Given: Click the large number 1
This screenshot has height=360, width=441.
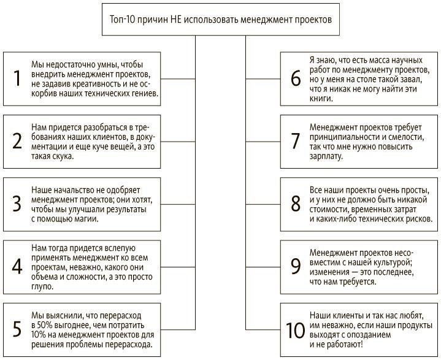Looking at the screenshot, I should coord(18,79).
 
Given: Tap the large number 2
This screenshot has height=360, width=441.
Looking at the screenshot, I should coord(18,142).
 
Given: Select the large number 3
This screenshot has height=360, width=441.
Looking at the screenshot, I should coord(18,204).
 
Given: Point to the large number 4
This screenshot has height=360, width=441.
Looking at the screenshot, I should coord(18,267).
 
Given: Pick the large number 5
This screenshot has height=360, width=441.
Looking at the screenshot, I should coord(18,330).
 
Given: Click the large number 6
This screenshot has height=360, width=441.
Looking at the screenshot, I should coord(296,79).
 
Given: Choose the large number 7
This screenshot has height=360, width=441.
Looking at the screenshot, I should coord(296,142).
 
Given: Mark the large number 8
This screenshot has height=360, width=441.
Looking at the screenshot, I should coord(296,204).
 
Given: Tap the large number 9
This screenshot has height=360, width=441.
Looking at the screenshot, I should coord(296,267).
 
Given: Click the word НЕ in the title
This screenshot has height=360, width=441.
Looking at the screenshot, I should coord(174,20).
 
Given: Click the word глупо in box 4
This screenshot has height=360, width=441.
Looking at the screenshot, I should coord(41,286).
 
